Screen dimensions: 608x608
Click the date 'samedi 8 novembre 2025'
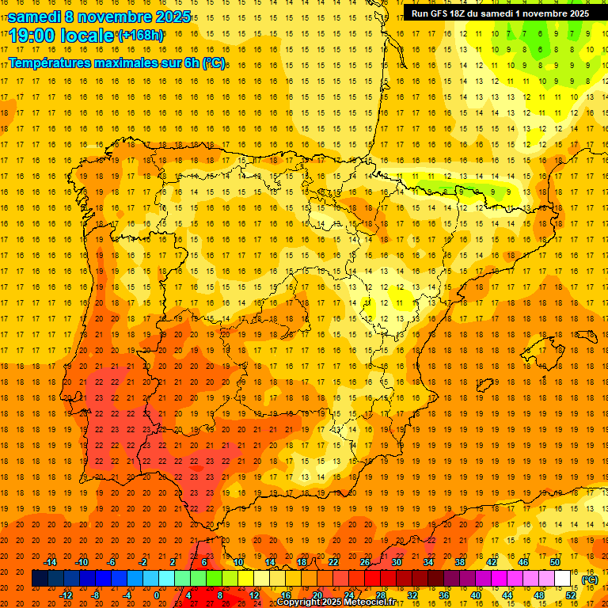(x=99, y=16)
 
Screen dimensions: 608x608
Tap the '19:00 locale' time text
(x=60, y=35)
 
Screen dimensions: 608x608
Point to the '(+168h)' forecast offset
(x=140, y=35)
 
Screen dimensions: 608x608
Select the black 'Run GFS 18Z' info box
(x=500, y=13)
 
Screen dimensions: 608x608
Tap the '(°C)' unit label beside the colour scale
(x=589, y=579)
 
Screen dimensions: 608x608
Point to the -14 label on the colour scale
(x=50, y=562)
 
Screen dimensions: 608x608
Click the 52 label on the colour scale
(x=572, y=595)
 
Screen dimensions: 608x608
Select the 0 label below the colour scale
(x=158, y=595)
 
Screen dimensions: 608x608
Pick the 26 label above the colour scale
(x=365, y=562)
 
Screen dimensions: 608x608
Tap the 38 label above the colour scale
(x=460, y=562)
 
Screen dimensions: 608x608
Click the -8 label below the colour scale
(x=96, y=595)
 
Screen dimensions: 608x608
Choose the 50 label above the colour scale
(x=555, y=562)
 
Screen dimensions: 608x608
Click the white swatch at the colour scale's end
(x=563, y=579)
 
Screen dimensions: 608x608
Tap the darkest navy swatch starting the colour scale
(x=40, y=579)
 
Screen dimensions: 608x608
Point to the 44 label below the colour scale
(x=507, y=595)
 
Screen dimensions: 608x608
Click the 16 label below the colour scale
(x=286, y=595)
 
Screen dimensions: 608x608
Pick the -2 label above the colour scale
(x=143, y=562)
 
